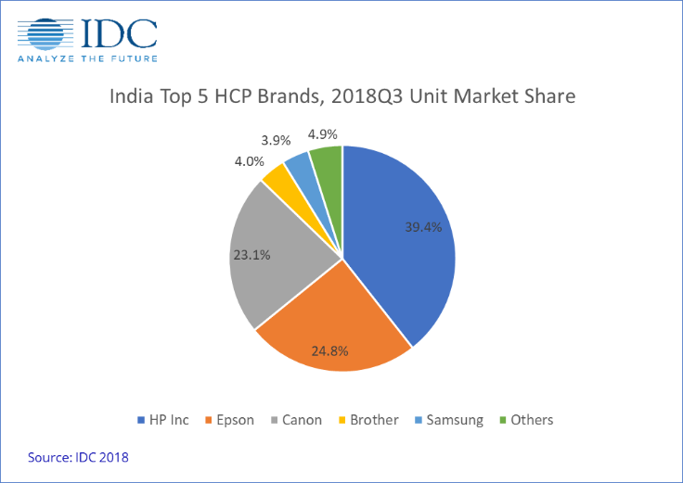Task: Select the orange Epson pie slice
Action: click(329, 324)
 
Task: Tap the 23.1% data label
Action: click(251, 253)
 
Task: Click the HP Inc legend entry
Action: click(162, 420)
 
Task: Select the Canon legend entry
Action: click(294, 420)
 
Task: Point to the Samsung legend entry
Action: click(448, 420)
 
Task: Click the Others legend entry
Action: click(524, 420)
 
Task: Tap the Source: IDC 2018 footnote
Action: click(78, 456)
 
